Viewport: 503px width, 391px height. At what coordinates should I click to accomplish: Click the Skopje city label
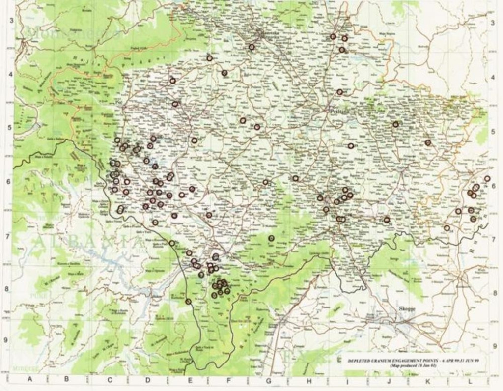(x=407, y=308)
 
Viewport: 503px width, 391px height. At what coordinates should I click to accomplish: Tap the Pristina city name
(x=338, y=112)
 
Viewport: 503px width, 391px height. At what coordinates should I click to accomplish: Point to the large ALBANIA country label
(x=88, y=242)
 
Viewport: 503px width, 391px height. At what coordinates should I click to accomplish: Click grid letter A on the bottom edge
(x=29, y=379)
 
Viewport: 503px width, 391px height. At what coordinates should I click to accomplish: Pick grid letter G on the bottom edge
(x=268, y=379)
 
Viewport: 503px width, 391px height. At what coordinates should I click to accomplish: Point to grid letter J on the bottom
(x=388, y=379)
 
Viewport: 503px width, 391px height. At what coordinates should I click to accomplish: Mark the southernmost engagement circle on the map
(x=188, y=301)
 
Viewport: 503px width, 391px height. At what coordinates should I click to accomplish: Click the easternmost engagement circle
(x=487, y=179)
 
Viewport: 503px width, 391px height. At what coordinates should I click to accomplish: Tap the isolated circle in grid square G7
(x=271, y=238)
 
